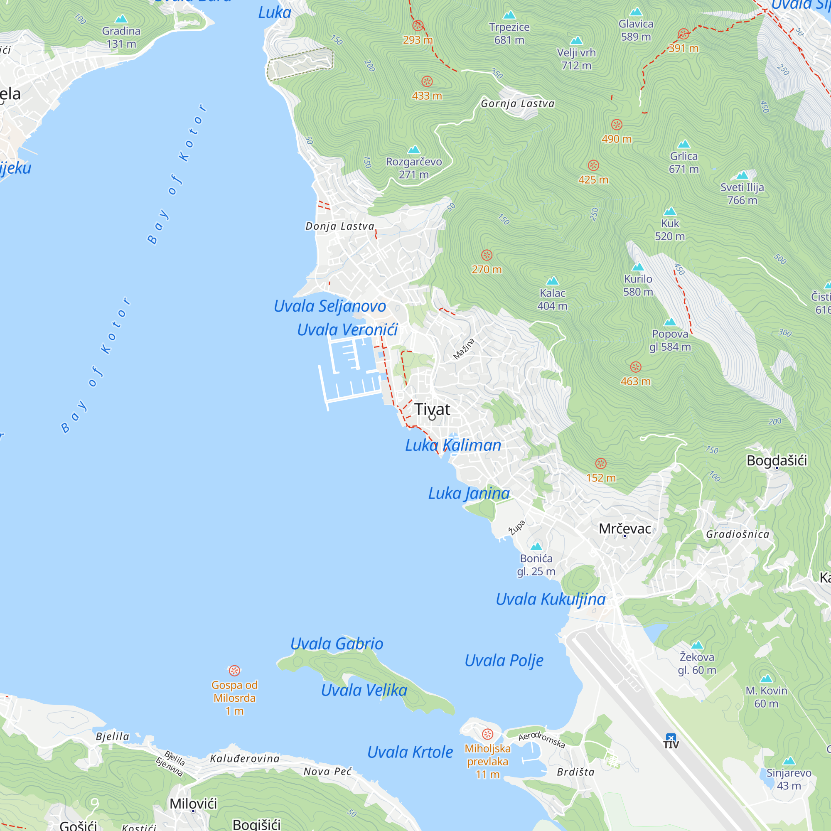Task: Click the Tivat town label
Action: pos(432,409)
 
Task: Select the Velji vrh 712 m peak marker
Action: pos(576,41)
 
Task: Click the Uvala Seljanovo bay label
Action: pos(330,306)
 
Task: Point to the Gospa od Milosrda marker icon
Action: pos(234,671)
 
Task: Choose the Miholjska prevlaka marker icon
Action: pos(487,734)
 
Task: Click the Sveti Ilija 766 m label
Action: pos(742,194)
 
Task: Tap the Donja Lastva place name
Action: pos(340,226)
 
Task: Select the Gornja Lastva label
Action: pos(517,103)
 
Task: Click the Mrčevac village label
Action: pos(624,529)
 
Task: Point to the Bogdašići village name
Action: pos(777,461)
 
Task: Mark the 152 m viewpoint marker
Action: pos(601,464)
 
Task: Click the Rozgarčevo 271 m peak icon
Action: pos(414,150)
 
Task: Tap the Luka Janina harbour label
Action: pos(469,493)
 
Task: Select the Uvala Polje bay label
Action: pos(504,660)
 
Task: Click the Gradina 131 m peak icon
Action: pos(121,19)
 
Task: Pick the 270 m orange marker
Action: pos(487,256)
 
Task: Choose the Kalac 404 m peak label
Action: pos(552,299)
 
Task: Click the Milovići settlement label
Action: pos(193,804)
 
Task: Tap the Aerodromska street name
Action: pos(541,740)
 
